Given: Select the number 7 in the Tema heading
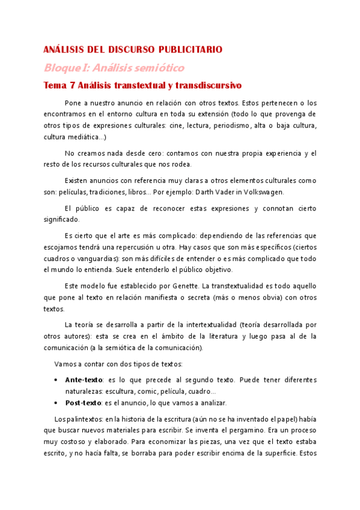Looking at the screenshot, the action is click(x=72, y=85).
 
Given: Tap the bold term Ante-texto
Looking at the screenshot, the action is click(x=83, y=380).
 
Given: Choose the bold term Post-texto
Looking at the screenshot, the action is click(x=84, y=402).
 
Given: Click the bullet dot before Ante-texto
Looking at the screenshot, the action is click(x=56, y=380).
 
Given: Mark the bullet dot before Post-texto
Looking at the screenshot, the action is click(x=56, y=402).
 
